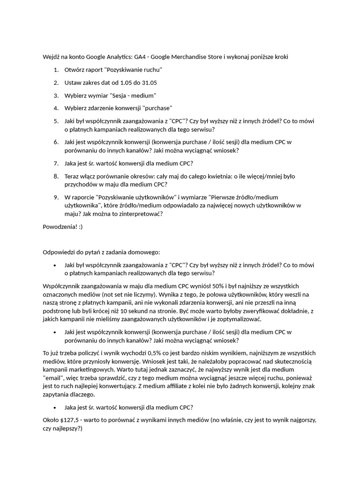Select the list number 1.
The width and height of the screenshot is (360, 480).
pos(56,70)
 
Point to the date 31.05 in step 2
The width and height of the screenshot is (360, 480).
pos(149,83)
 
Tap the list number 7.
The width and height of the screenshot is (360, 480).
pos(56,163)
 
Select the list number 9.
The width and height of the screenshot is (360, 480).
pos(56,197)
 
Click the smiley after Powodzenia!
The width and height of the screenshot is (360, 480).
pos(80,227)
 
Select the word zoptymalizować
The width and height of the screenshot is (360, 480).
pos(234,319)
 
